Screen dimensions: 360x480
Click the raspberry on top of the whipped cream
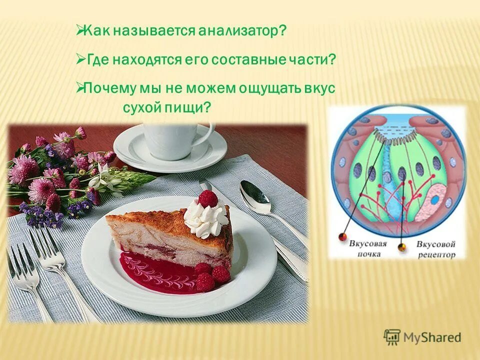208,198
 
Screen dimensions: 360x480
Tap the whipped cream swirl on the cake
205,220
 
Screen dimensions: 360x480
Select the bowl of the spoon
254,196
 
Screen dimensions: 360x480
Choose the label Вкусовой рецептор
436,249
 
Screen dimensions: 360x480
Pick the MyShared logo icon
391,337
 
